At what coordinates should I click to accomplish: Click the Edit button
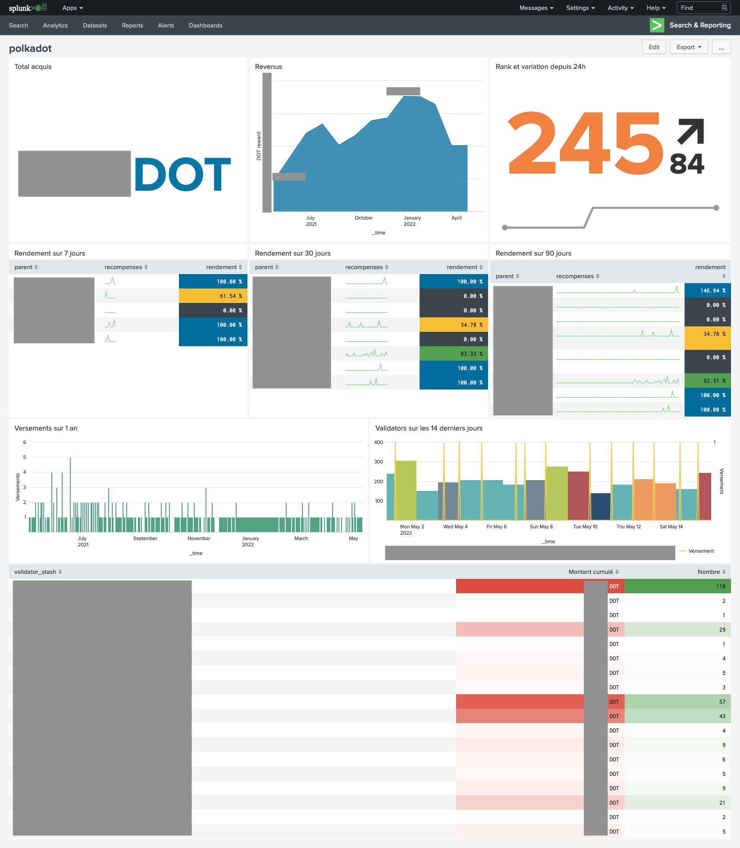[x=653, y=47]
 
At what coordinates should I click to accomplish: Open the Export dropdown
[x=689, y=47]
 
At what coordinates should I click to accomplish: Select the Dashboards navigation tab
[x=206, y=25]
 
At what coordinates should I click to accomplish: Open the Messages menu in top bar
[x=536, y=8]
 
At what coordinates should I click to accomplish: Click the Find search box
[x=701, y=8]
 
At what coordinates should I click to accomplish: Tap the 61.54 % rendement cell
[x=213, y=296]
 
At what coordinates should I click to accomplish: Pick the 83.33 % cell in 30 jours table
[x=453, y=353]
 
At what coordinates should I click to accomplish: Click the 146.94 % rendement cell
[x=707, y=290]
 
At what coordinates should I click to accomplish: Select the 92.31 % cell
[x=707, y=380]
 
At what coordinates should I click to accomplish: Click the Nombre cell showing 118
[x=677, y=586]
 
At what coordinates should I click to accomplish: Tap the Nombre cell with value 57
[x=677, y=701]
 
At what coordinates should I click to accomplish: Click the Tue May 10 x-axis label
[x=585, y=527]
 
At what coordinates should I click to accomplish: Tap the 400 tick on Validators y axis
[x=379, y=442]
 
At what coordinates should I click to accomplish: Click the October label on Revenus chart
[x=364, y=218]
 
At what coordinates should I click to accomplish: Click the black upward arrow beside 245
[x=691, y=131]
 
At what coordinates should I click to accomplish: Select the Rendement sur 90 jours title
[x=533, y=253]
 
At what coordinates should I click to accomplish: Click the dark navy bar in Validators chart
[x=600, y=506]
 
